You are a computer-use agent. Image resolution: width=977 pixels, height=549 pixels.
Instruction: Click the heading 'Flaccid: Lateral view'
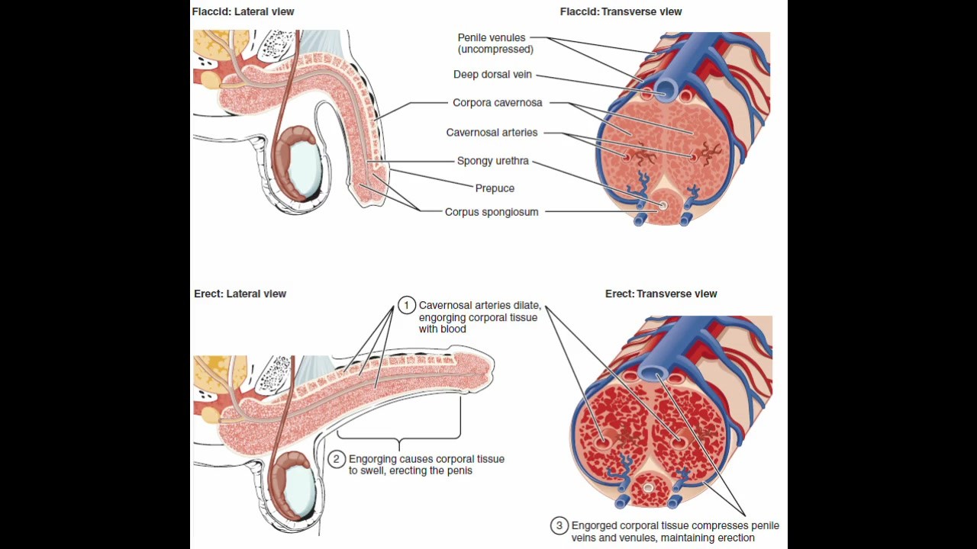(x=243, y=11)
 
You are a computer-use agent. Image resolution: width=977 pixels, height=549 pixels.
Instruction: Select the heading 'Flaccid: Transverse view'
(x=621, y=11)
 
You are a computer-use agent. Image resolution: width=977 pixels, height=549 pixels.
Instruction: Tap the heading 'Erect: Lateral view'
(x=240, y=294)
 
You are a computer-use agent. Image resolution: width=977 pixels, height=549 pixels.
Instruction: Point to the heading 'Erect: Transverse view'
(x=661, y=294)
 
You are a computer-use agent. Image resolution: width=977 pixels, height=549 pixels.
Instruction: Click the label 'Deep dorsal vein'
(x=492, y=75)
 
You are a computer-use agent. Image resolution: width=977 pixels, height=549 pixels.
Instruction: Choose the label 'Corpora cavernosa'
(x=497, y=103)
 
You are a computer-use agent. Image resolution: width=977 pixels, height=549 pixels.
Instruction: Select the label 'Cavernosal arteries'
(x=492, y=133)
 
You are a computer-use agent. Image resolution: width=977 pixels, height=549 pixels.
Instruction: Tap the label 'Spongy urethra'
(x=492, y=161)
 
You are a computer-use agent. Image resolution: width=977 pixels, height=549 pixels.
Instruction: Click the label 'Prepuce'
(x=495, y=188)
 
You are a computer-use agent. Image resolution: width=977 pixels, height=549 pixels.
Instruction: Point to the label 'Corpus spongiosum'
(x=492, y=212)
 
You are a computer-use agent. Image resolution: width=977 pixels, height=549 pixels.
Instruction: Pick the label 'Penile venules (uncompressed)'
(x=495, y=43)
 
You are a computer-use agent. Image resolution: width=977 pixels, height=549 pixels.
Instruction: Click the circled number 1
(x=406, y=306)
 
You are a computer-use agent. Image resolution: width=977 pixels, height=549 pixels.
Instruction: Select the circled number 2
(x=337, y=459)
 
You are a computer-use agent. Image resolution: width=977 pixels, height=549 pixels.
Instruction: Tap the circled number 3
(x=559, y=525)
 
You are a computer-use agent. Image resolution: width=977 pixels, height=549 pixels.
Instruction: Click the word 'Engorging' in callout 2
(x=372, y=459)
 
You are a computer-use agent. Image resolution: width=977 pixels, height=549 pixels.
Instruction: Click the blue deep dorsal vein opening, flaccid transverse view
(x=666, y=91)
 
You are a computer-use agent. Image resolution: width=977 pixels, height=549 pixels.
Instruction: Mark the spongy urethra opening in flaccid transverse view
(x=663, y=206)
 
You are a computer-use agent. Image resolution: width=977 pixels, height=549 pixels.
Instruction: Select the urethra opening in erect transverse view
(x=648, y=487)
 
